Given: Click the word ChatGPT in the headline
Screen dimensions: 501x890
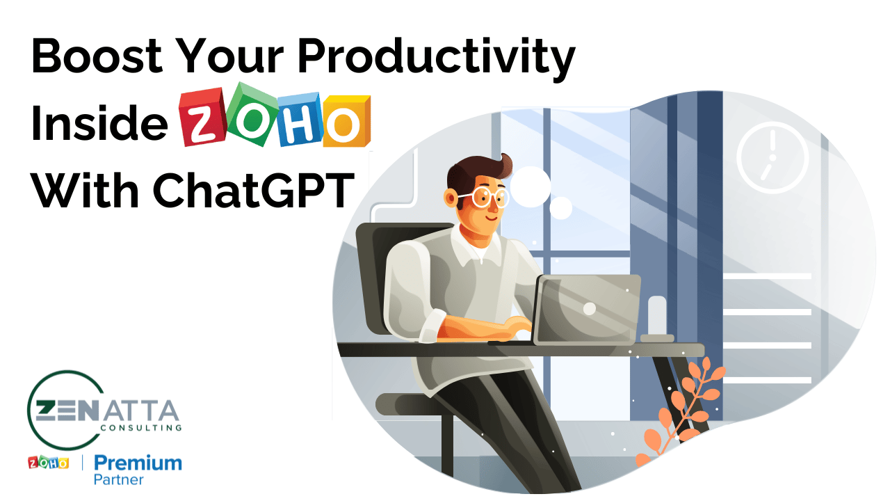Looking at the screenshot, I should coord(254,189).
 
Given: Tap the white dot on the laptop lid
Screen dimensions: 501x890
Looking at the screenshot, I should coord(589,308).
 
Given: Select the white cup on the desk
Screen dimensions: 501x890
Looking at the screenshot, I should coord(657,317).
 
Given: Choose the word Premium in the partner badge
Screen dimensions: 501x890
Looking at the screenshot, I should coord(138,463).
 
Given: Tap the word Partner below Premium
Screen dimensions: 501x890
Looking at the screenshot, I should coord(119,480).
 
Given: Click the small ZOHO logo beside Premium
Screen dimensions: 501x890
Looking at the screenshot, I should coord(48,463).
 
